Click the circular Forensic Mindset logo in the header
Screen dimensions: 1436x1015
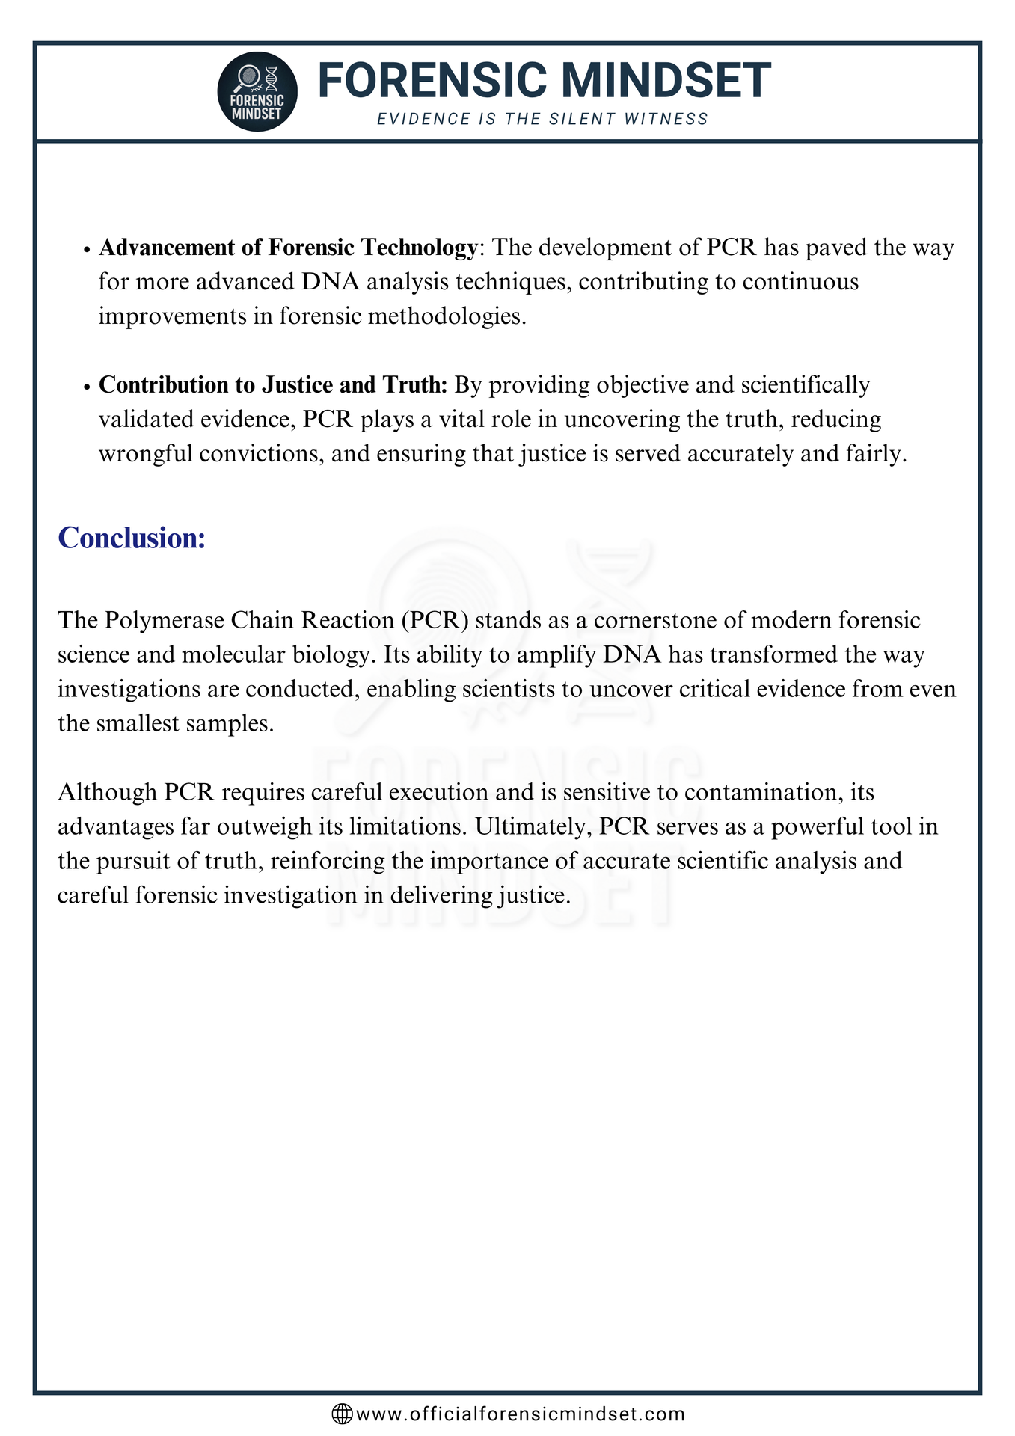257,92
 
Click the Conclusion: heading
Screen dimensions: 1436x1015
132,538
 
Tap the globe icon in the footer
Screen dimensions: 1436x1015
342,1414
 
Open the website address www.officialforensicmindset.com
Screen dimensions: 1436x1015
521,1414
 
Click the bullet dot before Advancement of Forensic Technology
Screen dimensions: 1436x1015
88,249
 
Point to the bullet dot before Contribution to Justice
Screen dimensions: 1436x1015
88,387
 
